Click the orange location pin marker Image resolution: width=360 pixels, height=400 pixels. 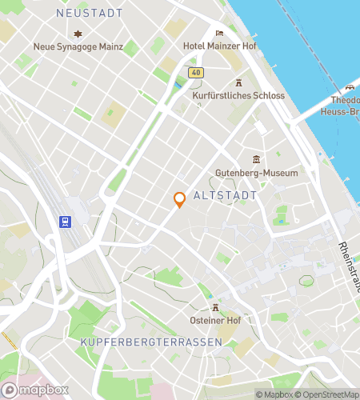(x=180, y=200)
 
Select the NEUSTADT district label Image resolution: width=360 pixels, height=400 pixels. (x=90, y=14)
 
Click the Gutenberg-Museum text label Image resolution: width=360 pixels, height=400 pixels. (x=256, y=173)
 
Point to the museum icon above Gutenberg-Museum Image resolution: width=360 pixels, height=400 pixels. (x=256, y=158)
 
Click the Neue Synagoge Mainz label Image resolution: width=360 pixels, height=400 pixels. (x=78, y=47)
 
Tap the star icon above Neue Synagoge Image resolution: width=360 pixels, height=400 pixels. (x=78, y=34)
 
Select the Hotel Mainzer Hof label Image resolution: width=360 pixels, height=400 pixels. (x=219, y=47)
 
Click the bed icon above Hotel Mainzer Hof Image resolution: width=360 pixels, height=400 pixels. (x=220, y=34)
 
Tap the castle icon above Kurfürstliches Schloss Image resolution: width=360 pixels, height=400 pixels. (x=238, y=82)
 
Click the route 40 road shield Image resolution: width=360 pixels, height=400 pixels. (x=196, y=73)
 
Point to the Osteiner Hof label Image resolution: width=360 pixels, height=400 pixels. (x=215, y=321)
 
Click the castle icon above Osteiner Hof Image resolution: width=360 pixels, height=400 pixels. (x=215, y=307)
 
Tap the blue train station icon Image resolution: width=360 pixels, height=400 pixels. (x=64, y=222)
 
